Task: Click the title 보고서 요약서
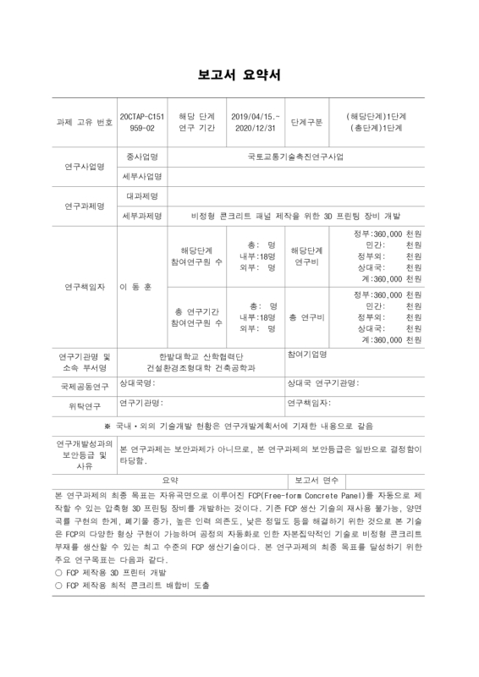pyautogui.click(x=239, y=76)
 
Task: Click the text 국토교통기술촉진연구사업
pyautogui.click(x=295, y=157)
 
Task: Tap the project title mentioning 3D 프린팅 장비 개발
pyautogui.click(x=295, y=216)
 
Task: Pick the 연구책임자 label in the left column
pyautogui.click(x=84, y=286)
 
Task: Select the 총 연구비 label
pyautogui.click(x=306, y=317)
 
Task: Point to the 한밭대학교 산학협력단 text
pyautogui.click(x=201, y=356)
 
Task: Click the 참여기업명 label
pyautogui.click(x=306, y=354)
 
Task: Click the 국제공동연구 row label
pyautogui.click(x=84, y=385)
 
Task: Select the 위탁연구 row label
pyautogui.click(x=84, y=405)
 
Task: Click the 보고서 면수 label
pyautogui.click(x=317, y=480)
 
